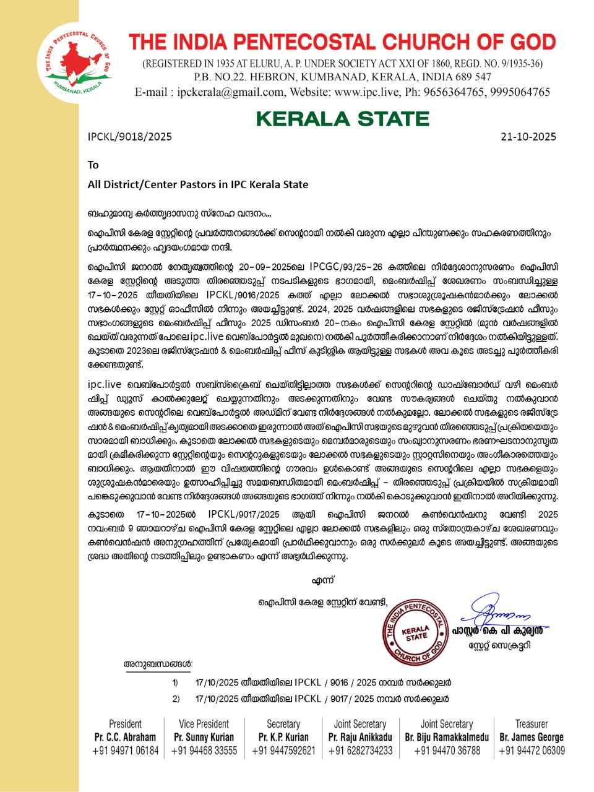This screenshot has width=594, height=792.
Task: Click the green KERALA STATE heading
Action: (x=342, y=118)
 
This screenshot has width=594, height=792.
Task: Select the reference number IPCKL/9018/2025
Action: (x=130, y=136)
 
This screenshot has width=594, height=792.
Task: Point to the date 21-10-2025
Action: (x=528, y=136)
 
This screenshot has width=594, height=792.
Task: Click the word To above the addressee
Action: (x=93, y=165)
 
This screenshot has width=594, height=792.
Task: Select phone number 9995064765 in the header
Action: (x=520, y=92)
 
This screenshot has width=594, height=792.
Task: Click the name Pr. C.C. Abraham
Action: (x=125, y=737)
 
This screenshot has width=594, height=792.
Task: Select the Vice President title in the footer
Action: (x=204, y=724)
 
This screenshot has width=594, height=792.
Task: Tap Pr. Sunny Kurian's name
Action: (x=204, y=737)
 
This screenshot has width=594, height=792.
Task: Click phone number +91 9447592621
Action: (x=283, y=751)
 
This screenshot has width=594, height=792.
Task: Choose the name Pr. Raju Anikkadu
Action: (x=360, y=737)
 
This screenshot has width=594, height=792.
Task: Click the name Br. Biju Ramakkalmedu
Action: (x=447, y=737)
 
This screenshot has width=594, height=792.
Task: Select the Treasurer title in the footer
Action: (x=532, y=724)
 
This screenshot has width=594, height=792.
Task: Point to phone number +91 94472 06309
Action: (x=532, y=751)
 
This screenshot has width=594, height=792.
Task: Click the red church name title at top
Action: (x=342, y=42)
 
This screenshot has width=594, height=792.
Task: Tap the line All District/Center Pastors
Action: (x=198, y=184)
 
